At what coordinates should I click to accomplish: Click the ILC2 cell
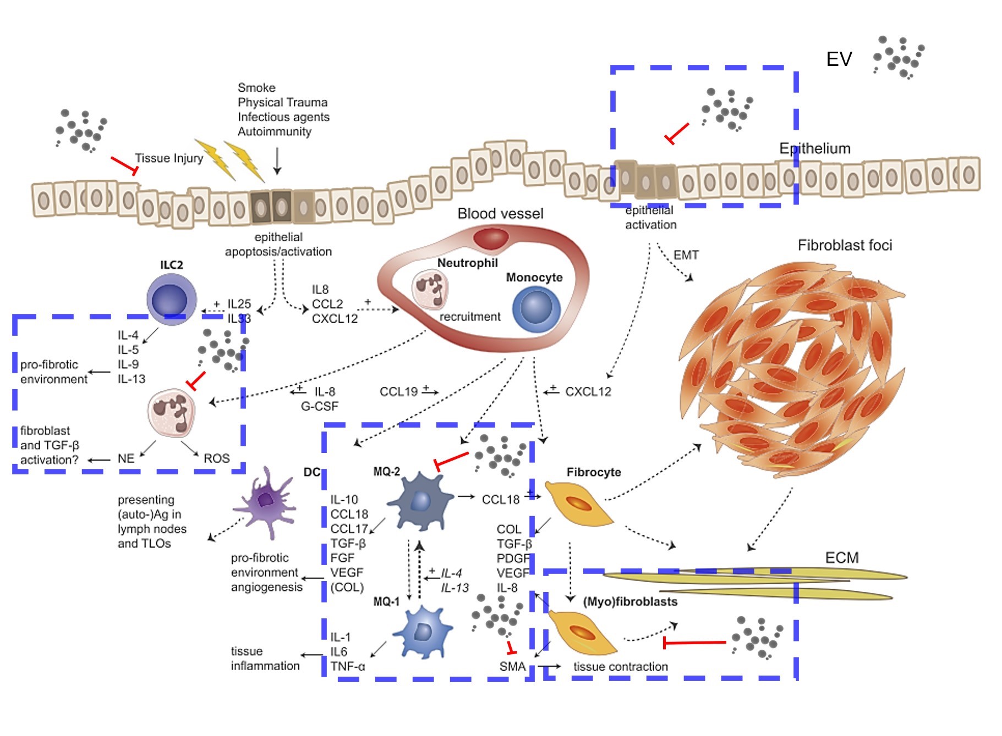coord(172,300)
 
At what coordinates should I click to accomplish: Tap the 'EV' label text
coord(839,59)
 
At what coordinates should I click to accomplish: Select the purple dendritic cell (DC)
coord(266,501)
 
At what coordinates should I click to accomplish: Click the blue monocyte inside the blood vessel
coord(536,309)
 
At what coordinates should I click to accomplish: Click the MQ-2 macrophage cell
coord(420,501)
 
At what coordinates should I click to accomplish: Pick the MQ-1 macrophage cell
coord(423,632)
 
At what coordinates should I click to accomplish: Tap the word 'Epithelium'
coord(814,148)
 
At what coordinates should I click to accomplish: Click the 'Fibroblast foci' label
coord(845,245)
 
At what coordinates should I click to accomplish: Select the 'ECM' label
coord(841,558)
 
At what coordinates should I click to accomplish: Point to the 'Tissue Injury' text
coord(169,158)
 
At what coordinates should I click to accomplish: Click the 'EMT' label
coord(686,255)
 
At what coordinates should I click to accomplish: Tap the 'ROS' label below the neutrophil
coord(216,458)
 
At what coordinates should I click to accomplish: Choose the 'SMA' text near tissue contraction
coord(512,667)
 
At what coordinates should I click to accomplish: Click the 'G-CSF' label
coord(319,406)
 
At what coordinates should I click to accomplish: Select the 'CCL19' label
coord(398,392)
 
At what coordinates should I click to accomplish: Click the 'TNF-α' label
coord(347,667)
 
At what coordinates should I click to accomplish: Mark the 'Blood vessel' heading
coord(500,214)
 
